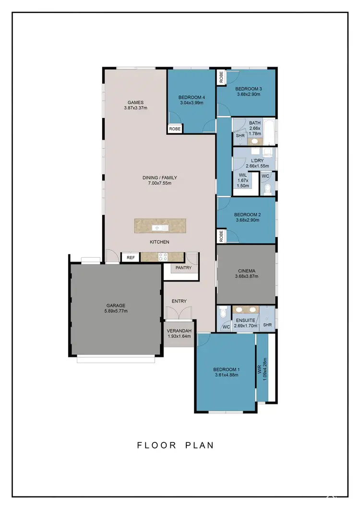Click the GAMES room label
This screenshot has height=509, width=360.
[136, 102]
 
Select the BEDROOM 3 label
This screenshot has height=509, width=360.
[248, 89]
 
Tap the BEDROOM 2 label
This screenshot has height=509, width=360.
[247, 214]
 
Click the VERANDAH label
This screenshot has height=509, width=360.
[179, 331]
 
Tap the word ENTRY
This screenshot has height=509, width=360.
[179, 301]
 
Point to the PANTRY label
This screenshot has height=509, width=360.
[183, 268]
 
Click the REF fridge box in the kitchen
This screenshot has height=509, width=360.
[130, 258]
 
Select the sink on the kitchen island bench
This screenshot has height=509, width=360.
[157, 227]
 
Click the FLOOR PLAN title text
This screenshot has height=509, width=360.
[176, 445]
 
